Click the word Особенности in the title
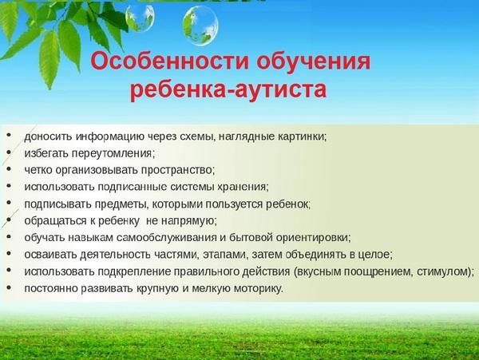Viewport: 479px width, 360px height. point(169,61)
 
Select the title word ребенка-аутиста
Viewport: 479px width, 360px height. point(228,89)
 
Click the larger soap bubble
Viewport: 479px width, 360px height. point(200,26)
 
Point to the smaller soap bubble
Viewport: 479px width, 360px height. point(140,17)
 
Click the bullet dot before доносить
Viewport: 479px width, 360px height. point(9,135)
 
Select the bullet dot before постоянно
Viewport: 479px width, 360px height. point(9,287)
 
